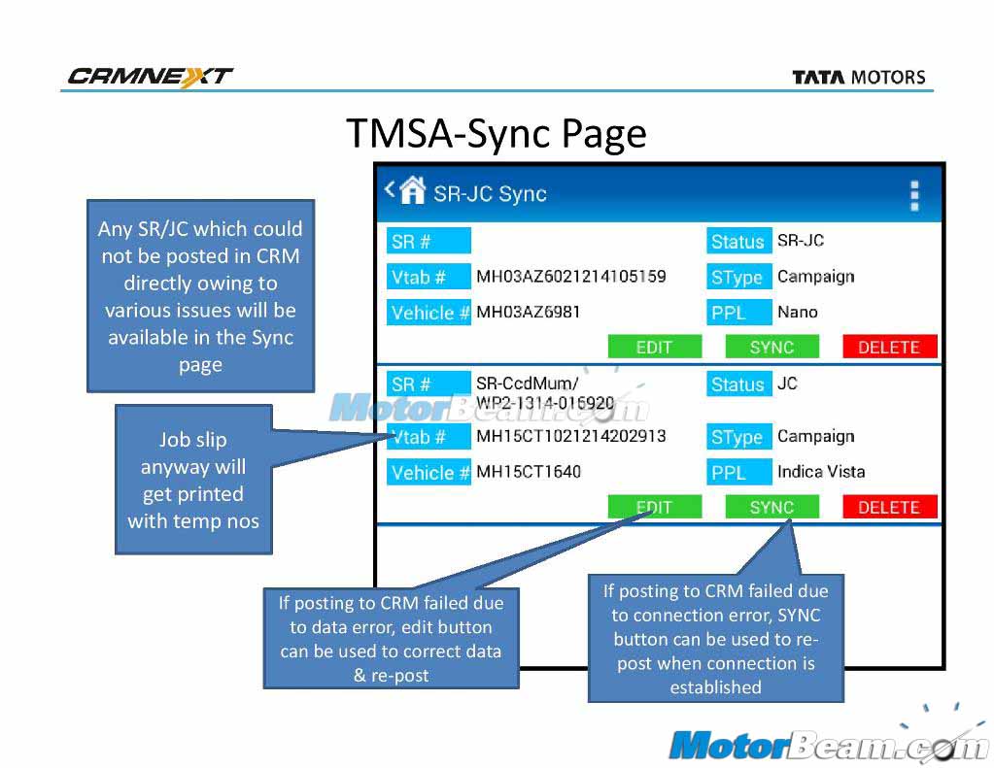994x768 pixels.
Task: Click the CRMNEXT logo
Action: (150, 77)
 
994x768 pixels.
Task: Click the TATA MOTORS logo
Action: (858, 78)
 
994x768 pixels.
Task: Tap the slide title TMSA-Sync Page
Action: (496, 134)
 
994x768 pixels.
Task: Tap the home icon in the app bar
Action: (413, 191)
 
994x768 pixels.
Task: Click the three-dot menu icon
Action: (913, 195)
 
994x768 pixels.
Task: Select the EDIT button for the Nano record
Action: (654, 347)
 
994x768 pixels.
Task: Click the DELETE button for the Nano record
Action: (889, 347)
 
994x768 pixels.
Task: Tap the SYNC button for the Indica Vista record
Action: (771, 507)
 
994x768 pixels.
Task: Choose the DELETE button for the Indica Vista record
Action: (889, 507)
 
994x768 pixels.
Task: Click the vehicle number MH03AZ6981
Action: (529, 313)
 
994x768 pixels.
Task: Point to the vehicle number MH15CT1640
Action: (529, 472)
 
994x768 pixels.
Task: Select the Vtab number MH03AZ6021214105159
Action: (571, 277)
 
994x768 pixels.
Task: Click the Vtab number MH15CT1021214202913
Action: (571, 436)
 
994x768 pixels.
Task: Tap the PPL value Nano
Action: (798, 313)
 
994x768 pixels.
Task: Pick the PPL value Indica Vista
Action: (821, 472)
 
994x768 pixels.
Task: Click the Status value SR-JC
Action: (801, 241)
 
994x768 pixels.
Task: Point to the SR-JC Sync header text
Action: (490, 194)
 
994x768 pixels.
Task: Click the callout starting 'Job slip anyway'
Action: (193, 480)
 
